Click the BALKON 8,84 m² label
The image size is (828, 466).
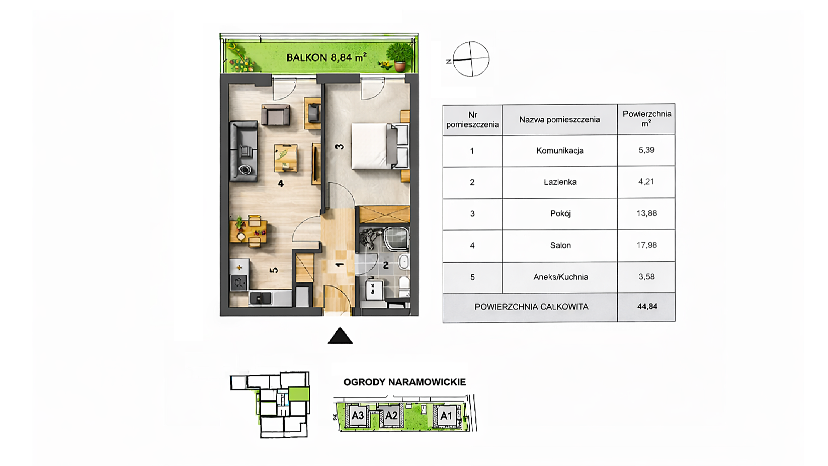pyautogui.click(x=326, y=57)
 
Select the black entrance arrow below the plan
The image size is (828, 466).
pyautogui.click(x=340, y=336)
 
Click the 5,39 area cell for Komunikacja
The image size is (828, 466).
pyautogui.click(x=646, y=150)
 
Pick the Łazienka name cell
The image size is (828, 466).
pyautogui.click(x=560, y=182)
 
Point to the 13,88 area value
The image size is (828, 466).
pyautogui.click(x=646, y=213)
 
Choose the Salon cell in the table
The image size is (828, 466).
pyautogui.click(x=560, y=245)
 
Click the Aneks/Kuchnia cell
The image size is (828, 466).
pyautogui.click(x=560, y=277)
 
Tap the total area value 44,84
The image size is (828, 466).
pyautogui.click(x=647, y=306)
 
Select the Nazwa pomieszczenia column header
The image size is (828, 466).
pyautogui.click(x=559, y=120)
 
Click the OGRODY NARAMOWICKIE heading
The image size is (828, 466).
pyautogui.click(x=404, y=382)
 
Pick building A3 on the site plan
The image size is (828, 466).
pyautogui.click(x=358, y=416)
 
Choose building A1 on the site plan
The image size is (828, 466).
pyautogui.click(x=446, y=416)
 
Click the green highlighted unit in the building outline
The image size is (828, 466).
pyautogui.click(x=299, y=394)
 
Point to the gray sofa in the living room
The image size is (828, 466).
pyautogui.click(x=243, y=151)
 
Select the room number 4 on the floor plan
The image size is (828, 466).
pyautogui.click(x=281, y=183)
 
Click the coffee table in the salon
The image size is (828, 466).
pyautogui.click(x=286, y=158)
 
